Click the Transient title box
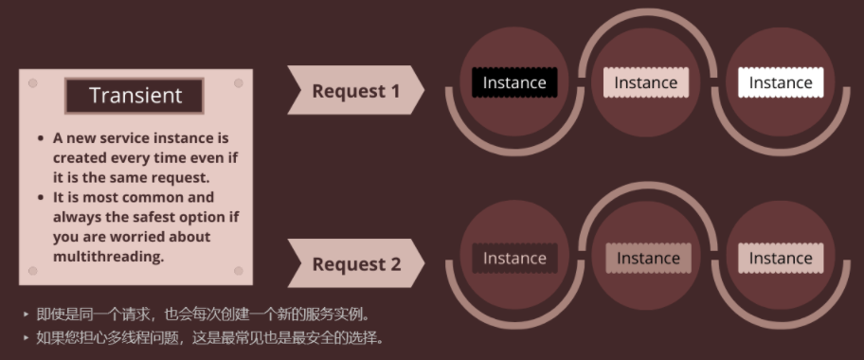coord(135,96)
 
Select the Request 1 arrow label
coord(355,91)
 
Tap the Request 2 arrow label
coord(356,264)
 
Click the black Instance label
coord(514,82)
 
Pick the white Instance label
coord(781,82)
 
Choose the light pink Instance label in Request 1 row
coord(646,82)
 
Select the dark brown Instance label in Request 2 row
coord(514,258)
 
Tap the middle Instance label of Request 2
coord(648,258)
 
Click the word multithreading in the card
coord(108,256)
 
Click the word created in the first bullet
coord(81,157)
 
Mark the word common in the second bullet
coord(183,197)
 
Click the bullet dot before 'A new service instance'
coord(41,138)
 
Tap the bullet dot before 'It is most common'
coord(41,197)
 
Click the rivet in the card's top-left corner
coord(32,83)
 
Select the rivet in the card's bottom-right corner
coord(238,270)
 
